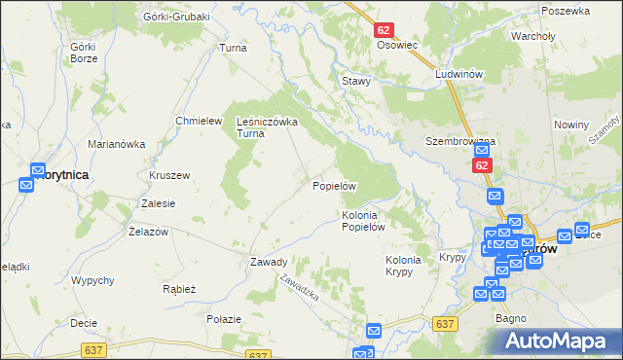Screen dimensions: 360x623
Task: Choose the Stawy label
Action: point(355,81)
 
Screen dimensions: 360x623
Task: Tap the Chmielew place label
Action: point(194,121)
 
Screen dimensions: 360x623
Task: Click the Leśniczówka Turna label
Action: point(267,127)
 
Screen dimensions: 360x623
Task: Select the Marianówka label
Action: point(116,144)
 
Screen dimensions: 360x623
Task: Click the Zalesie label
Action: point(158,203)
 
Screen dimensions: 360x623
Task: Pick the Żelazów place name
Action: point(149,232)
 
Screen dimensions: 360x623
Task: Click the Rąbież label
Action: point(180,289)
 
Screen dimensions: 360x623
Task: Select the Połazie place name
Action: point(224,318)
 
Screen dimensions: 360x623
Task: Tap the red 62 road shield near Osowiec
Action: point(383,31)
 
